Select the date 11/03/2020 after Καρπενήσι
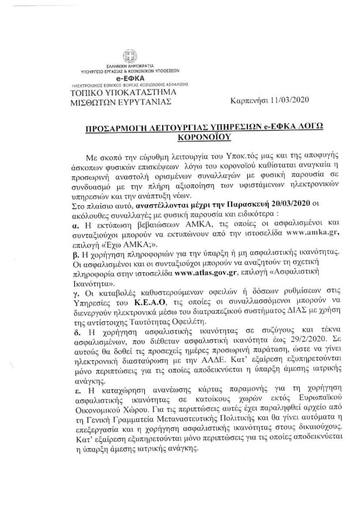coord(288,101)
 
